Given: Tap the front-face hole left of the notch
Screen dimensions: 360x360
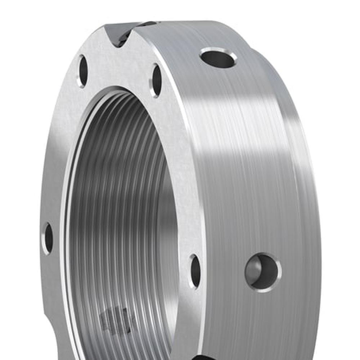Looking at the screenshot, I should [83, 71].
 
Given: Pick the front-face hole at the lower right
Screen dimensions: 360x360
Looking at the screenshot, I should [195, 271].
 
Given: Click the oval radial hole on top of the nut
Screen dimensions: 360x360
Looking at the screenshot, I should [218, 58].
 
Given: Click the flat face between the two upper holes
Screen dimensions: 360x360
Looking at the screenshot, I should [119, 68].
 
